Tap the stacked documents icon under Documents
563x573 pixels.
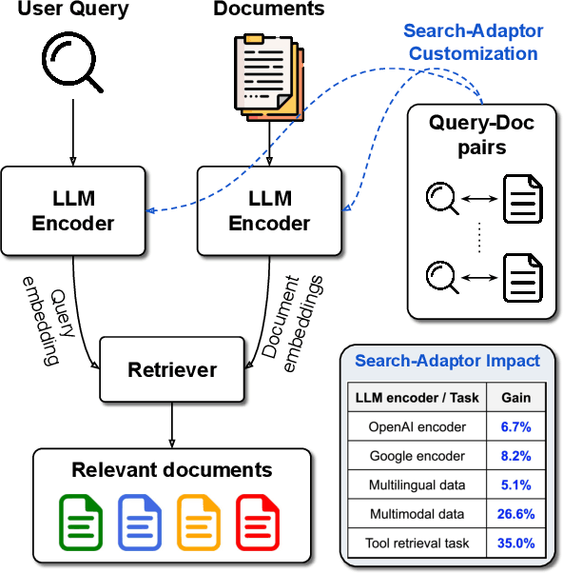269,70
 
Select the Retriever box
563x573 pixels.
172,369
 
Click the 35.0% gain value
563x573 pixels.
517,543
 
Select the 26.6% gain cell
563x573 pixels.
517,514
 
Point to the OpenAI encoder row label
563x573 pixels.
418,427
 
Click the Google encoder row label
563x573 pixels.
418,456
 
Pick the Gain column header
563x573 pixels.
517,397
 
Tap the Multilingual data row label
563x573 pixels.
418,485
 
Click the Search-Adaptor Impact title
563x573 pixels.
447,361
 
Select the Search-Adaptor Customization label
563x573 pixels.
474,42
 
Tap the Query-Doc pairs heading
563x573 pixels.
480,135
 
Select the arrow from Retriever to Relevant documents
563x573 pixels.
172,422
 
